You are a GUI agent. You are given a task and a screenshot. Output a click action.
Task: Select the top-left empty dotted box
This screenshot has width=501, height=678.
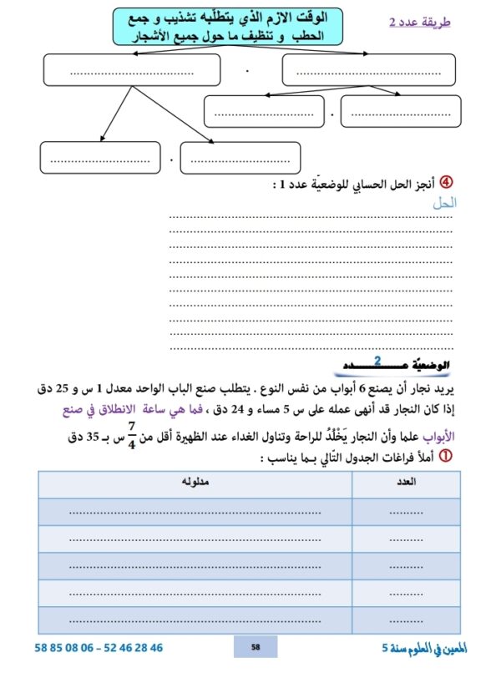point(130,70)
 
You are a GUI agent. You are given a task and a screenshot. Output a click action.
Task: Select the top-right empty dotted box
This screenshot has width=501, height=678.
point(371,70)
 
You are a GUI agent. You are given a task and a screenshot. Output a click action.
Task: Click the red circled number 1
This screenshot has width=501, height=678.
point(446,456)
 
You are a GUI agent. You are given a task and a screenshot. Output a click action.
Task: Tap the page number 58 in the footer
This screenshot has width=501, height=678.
point(256,647)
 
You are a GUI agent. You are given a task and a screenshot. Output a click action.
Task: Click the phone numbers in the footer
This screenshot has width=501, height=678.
point(99,647)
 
